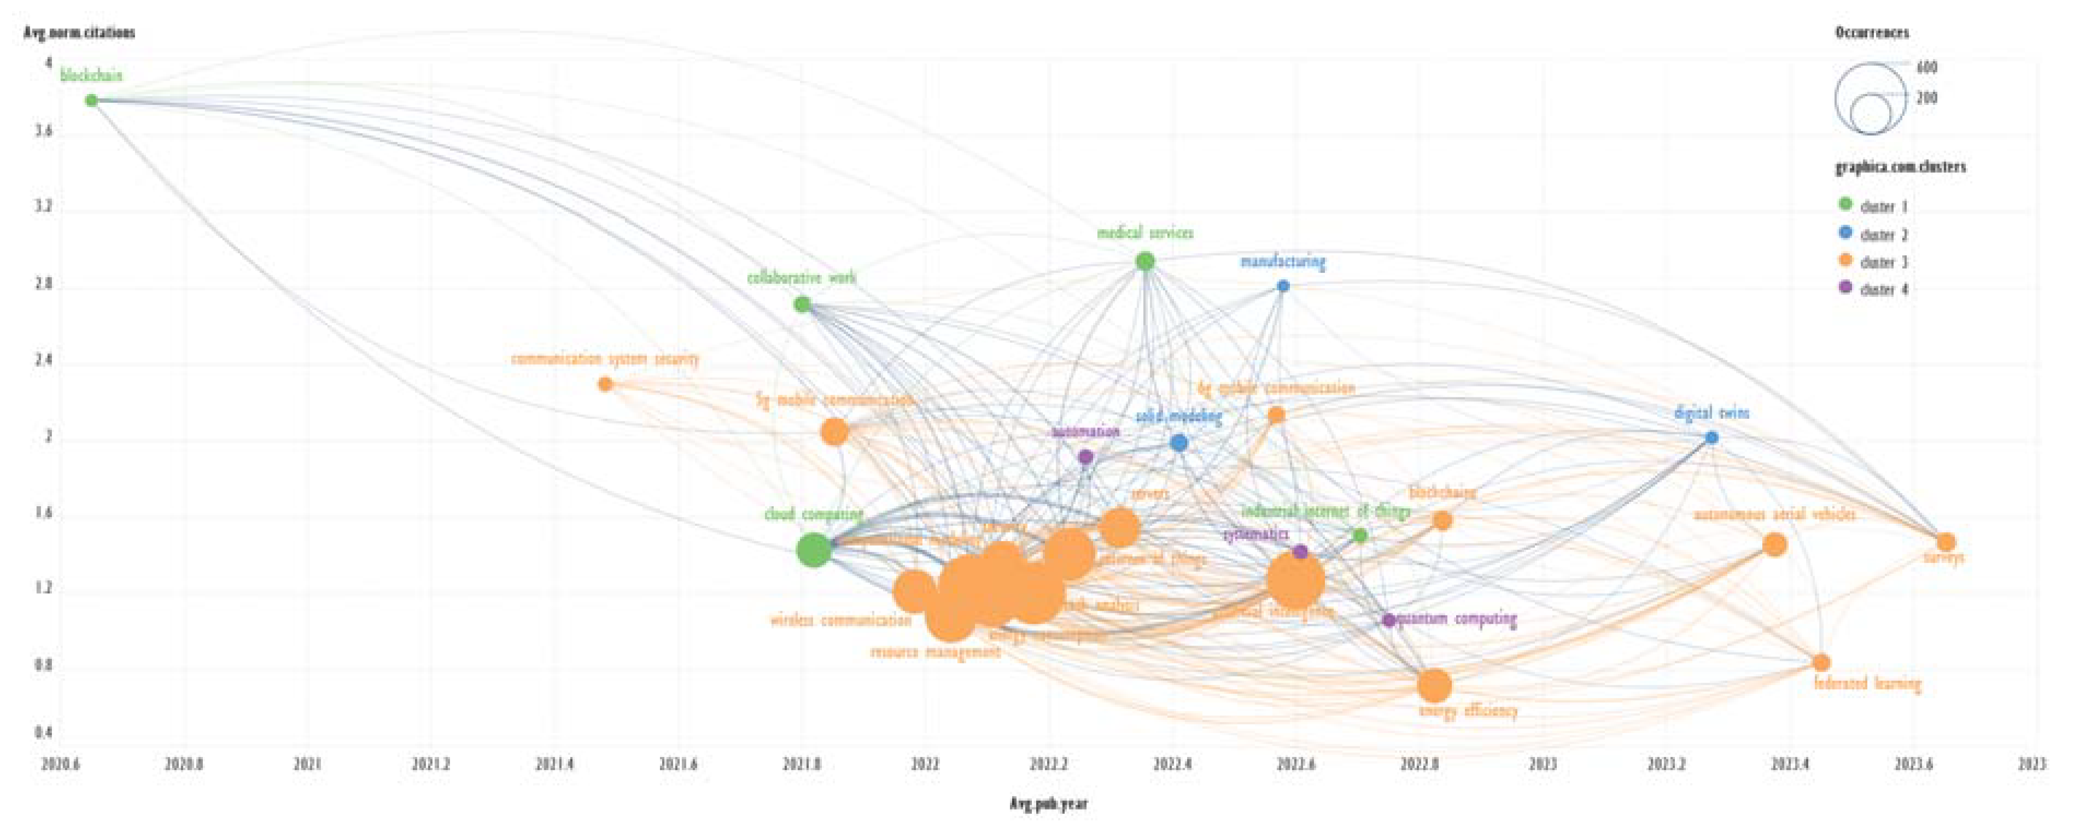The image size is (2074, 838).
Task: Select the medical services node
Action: [1145, 261]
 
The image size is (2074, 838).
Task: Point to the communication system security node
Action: [605, 384]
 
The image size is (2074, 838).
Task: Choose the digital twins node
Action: [1711, 438]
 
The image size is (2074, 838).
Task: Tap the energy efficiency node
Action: [1434, 686]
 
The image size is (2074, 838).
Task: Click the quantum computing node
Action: [1389, 620]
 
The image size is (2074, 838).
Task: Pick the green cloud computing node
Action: [814, 550]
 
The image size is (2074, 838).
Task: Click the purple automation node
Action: [1085, 457]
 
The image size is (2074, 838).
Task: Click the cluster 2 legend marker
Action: [1846, 233]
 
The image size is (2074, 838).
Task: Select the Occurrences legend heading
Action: [1872, 33]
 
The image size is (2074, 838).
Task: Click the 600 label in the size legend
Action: [1927, 68]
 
